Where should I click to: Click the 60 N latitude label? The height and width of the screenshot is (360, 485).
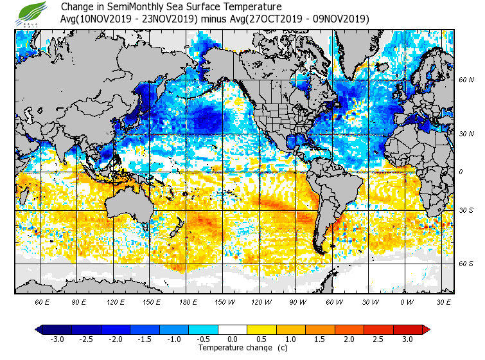[466, 80]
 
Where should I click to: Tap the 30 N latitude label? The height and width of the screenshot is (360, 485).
[466, 134]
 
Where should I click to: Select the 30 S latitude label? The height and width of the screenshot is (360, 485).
[466, 211]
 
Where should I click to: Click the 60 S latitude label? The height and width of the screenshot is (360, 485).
[466, 264]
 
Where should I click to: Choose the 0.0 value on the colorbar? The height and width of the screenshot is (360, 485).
[233, 339]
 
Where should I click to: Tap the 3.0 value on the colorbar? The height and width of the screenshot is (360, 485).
[407, 339]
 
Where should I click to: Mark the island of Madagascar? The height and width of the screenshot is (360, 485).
[26, 197]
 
